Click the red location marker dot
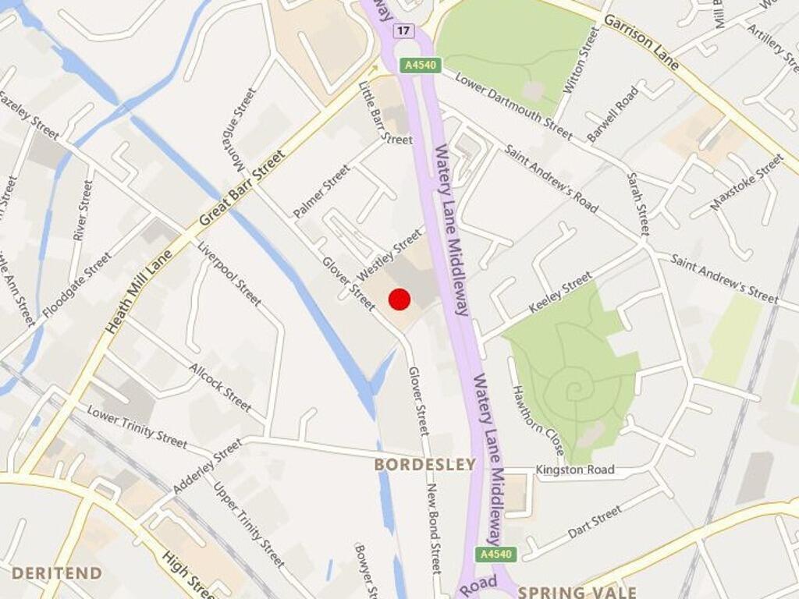[x=399, y=299]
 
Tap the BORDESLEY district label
[x=424, y=465]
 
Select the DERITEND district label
[x=56, y=573]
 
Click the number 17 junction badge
[x=403, y=30]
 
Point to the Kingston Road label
[x=575, y=470]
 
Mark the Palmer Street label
[x=321, y=191]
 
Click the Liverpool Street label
[x=229, y=273]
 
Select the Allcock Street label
[x=220, y=387]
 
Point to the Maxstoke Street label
[x=747, y=182]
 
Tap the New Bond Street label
[x=434, y=539]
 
